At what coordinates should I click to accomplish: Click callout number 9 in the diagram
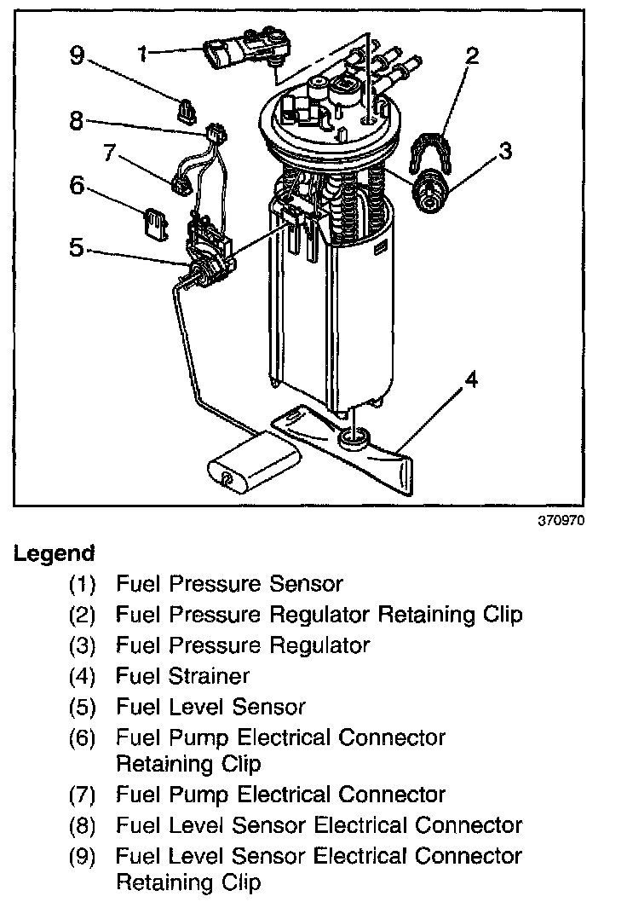pos(78,56)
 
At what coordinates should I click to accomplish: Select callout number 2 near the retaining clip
pos(471,56)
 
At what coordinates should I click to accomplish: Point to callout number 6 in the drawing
pos(78,184)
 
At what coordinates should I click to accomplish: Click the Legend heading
pos(54,553)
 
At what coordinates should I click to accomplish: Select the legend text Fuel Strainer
pos(182,676)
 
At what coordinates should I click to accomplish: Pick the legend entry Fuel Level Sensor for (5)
pos(210,707)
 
